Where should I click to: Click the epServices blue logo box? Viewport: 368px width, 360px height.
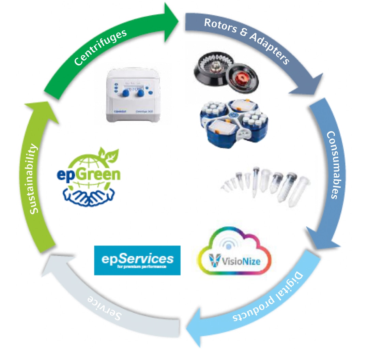coord(137,260)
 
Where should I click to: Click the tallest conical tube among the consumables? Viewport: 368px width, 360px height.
coord(256,181)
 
